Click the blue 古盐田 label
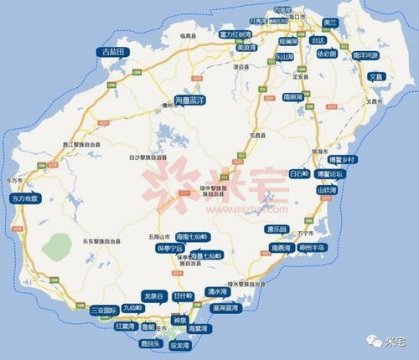point(111,52)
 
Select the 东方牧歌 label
point(27,199)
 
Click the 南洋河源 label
point(366,54)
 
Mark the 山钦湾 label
point(328,190)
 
